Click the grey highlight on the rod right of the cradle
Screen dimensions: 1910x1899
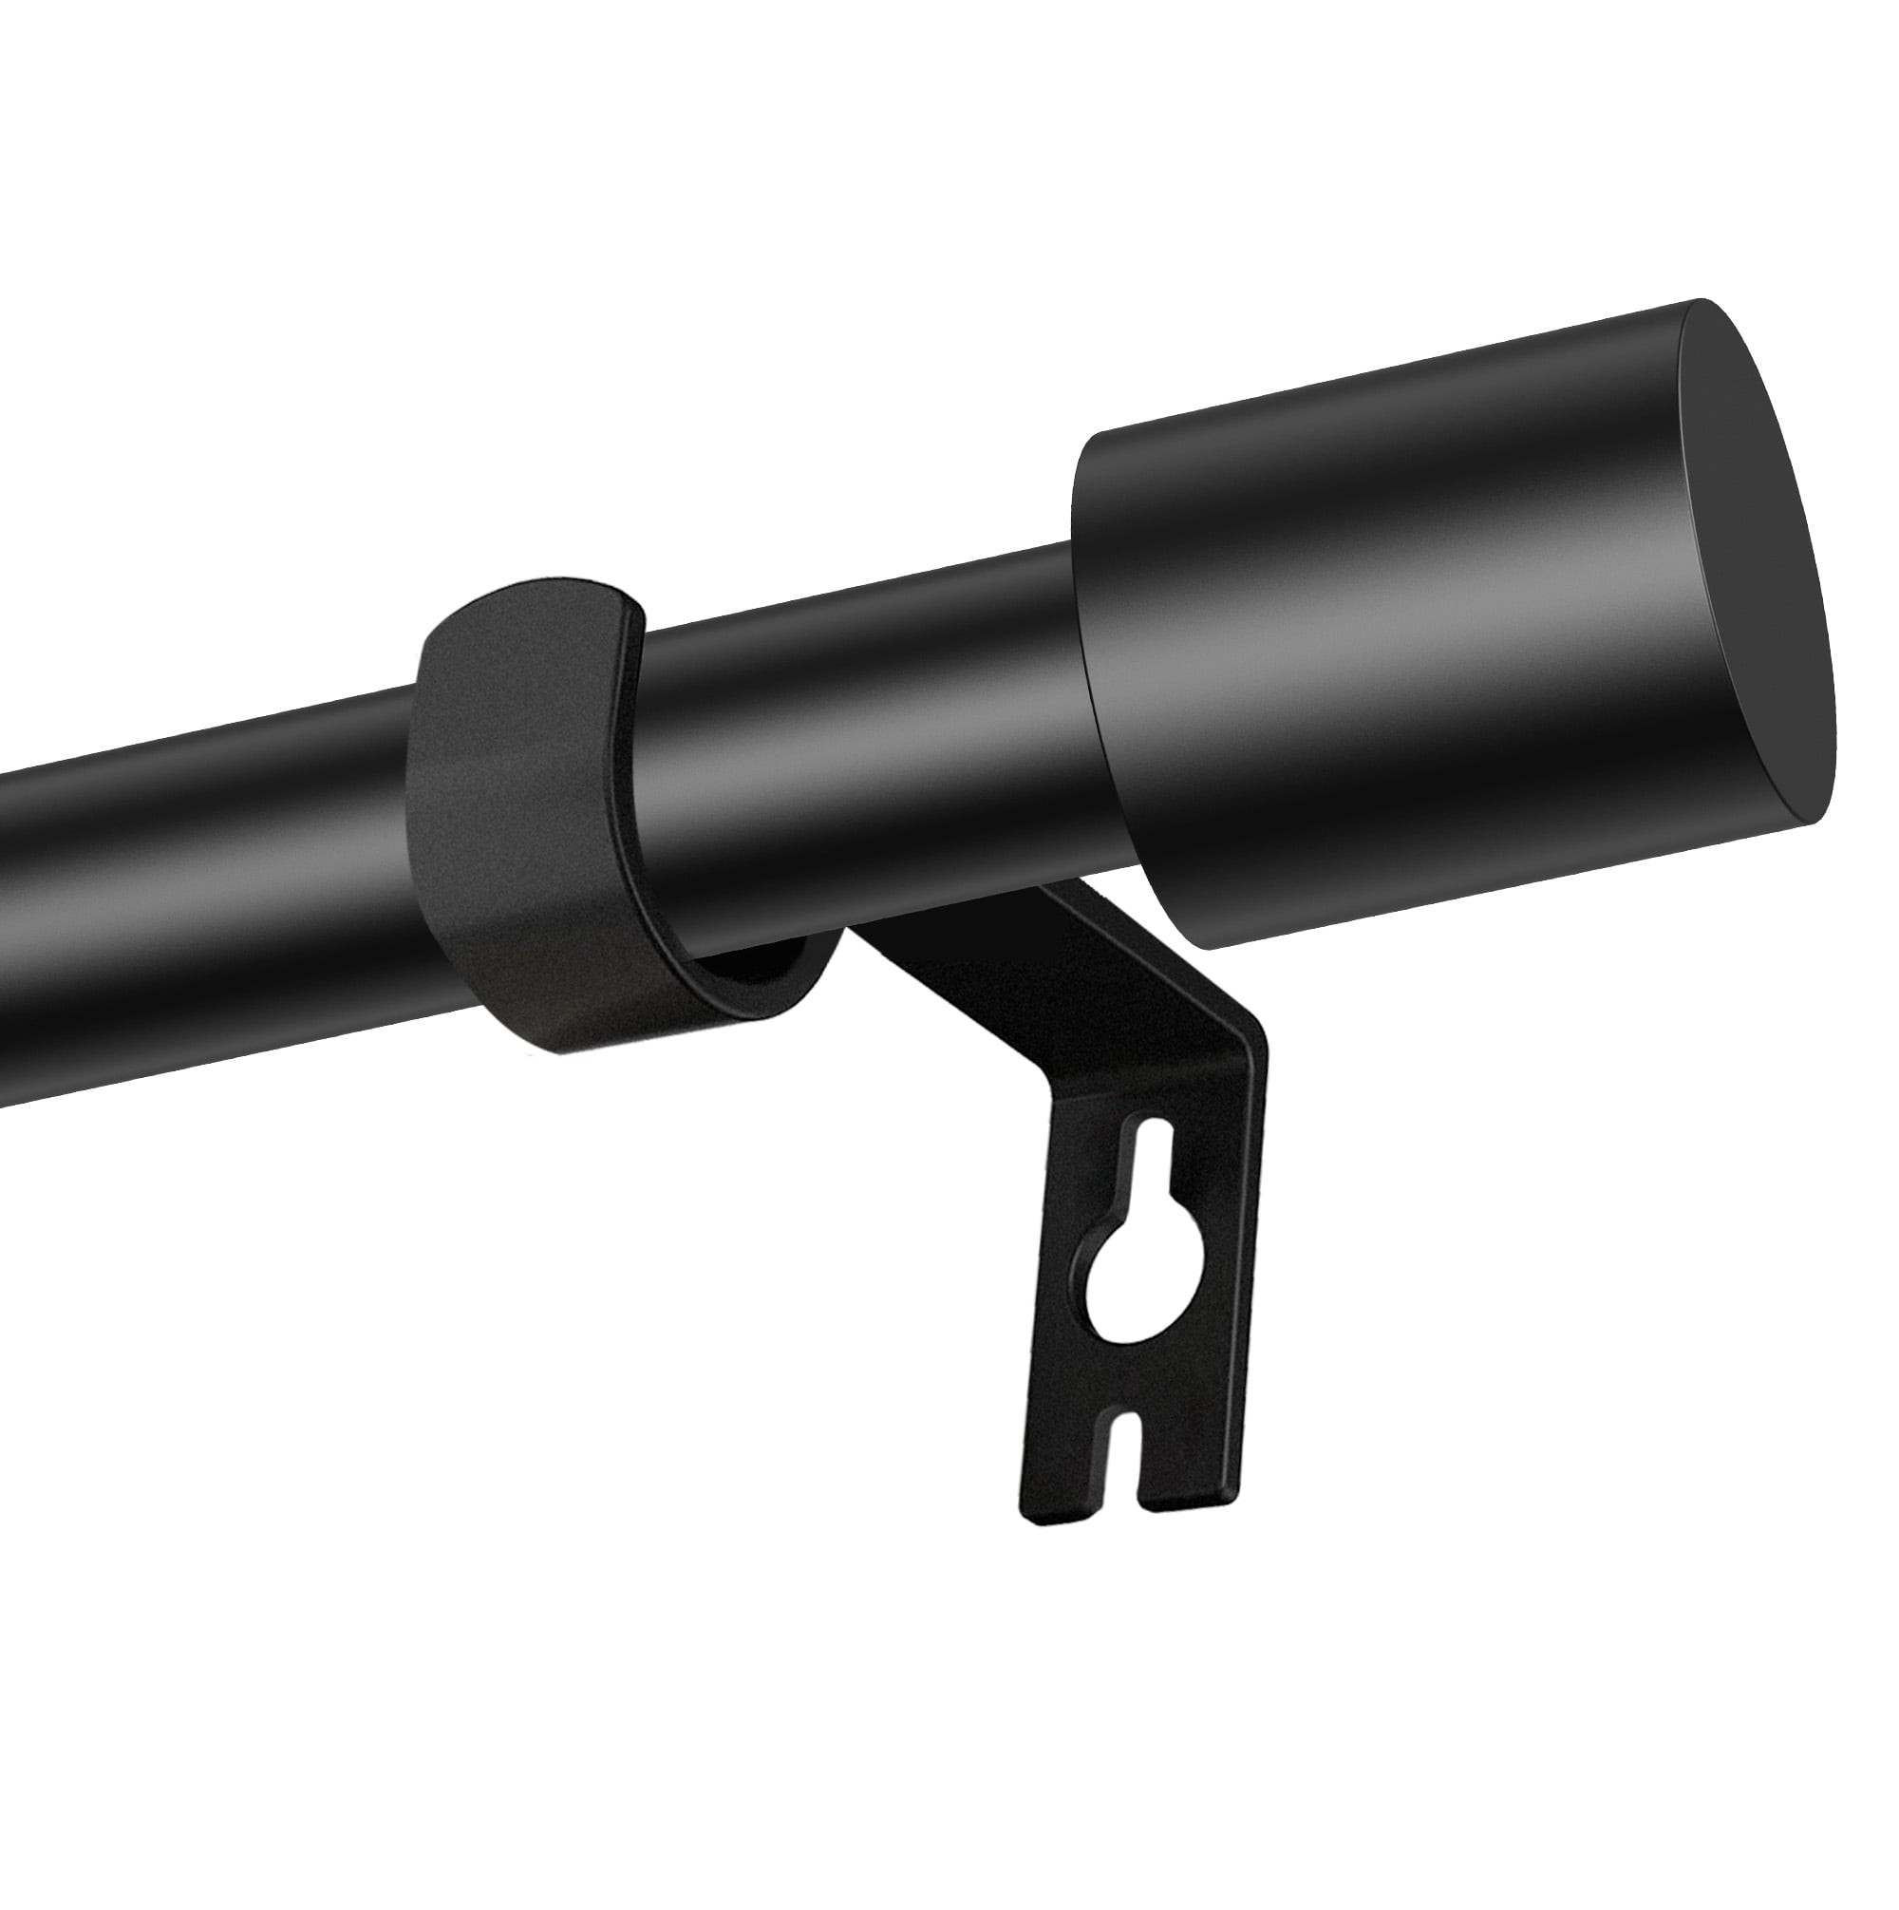870,692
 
